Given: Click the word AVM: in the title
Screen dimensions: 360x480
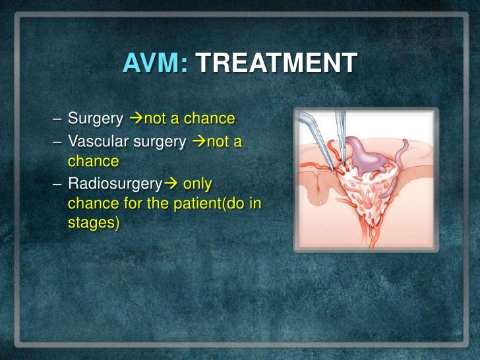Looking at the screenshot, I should [156, 65].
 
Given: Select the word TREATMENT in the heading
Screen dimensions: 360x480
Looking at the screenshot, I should [277, 65].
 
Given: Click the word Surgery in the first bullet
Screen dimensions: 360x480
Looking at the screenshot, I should [96, 119].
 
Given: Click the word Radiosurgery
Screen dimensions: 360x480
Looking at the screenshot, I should [117, 182].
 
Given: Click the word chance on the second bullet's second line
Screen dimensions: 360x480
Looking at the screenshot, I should [93, 161].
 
